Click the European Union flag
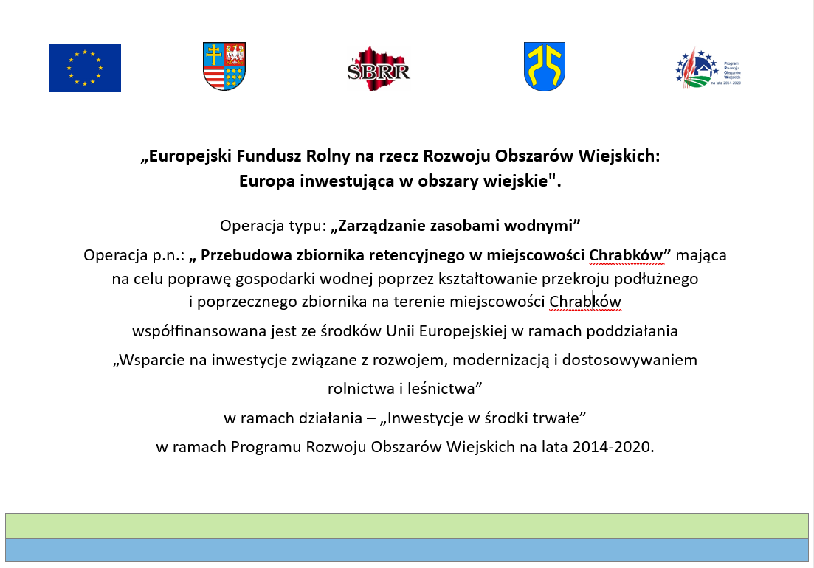click(85, 68)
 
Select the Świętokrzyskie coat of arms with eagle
click(224, 66)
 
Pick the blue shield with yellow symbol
click(545, 66)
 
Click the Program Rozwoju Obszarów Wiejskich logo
click(708, 69)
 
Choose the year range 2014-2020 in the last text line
click(612, 447)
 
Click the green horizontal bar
click(407, 526)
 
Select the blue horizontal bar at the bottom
click(407, 550)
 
